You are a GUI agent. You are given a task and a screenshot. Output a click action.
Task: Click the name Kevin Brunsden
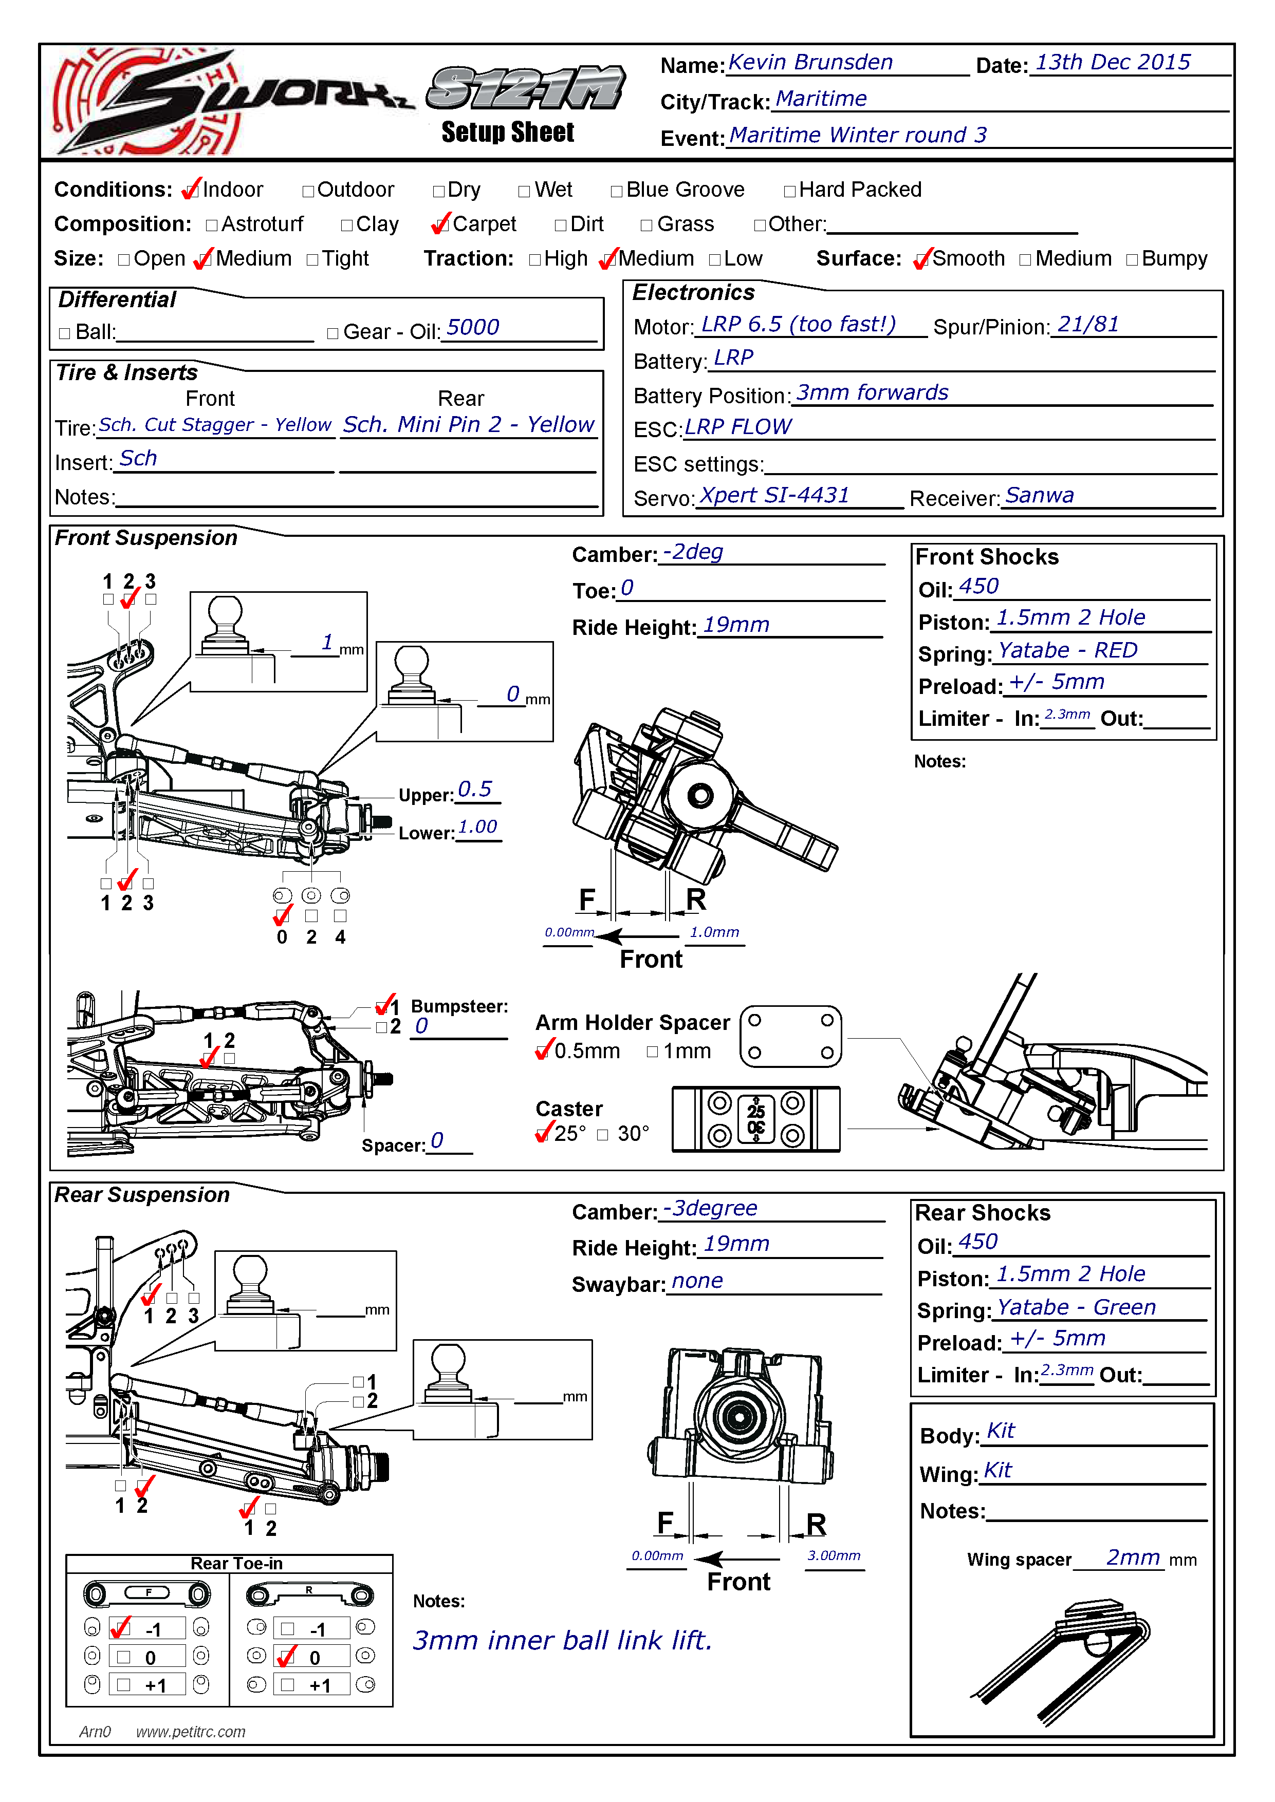810,63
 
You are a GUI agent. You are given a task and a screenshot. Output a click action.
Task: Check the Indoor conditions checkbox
191,191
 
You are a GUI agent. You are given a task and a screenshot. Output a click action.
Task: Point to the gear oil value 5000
473,328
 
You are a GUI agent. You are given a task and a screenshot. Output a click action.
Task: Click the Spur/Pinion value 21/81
1087,325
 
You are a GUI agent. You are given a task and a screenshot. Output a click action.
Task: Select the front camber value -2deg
692,553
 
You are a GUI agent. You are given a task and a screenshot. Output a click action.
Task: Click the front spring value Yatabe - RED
1067,651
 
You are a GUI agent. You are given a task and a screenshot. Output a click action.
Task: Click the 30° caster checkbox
603,1135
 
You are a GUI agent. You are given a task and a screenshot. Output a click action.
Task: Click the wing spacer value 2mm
1133,1558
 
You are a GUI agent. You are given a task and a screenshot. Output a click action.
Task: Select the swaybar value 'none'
697,1282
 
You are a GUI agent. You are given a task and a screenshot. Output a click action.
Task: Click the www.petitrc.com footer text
191,1732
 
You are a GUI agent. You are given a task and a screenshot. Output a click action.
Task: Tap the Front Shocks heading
987,557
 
